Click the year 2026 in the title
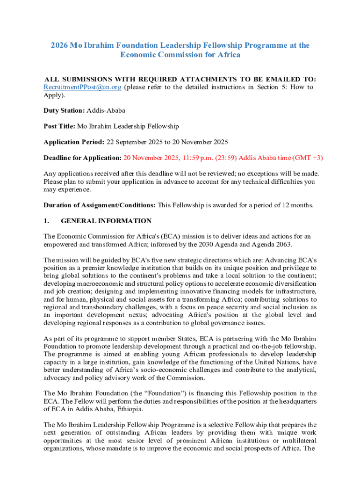tap(59, 45)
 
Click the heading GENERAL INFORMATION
tap(106, 221)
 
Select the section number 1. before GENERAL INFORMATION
tap(46, 221)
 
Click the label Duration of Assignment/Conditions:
tap(100, 205)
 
